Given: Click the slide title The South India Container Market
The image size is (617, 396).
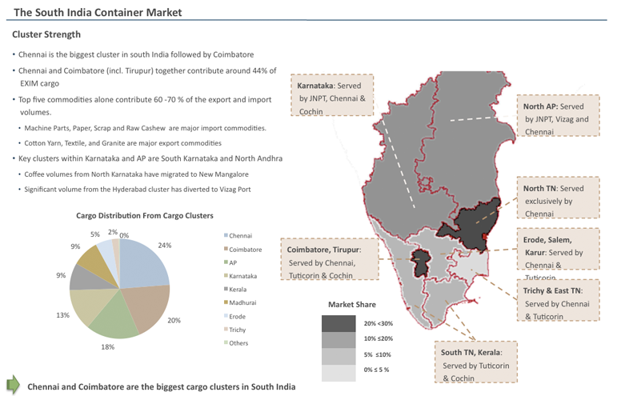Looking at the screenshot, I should coord(98,12).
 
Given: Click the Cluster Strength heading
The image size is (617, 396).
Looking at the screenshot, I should coord(46,34).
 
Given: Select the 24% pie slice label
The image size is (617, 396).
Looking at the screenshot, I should coord(165,246).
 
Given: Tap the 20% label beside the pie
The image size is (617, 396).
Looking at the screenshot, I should coord(174,320).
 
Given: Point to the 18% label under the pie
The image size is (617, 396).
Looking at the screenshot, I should coord(107,347).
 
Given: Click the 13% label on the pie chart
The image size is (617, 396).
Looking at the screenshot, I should coord(62,315).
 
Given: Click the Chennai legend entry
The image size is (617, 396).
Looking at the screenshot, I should coord(240,236).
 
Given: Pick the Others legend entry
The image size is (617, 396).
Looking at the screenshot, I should coord(238,343).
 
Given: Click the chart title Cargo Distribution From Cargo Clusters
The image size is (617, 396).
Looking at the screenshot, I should coord(145,216).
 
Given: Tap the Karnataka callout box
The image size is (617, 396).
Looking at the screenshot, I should coord(331,98).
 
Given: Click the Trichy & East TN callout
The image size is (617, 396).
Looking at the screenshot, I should coord(557,303).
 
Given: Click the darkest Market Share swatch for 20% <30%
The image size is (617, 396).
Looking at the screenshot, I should coord(339,323).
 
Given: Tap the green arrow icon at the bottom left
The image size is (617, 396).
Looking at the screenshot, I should coord(13,384).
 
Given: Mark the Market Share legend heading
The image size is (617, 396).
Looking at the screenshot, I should coord(351,305).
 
